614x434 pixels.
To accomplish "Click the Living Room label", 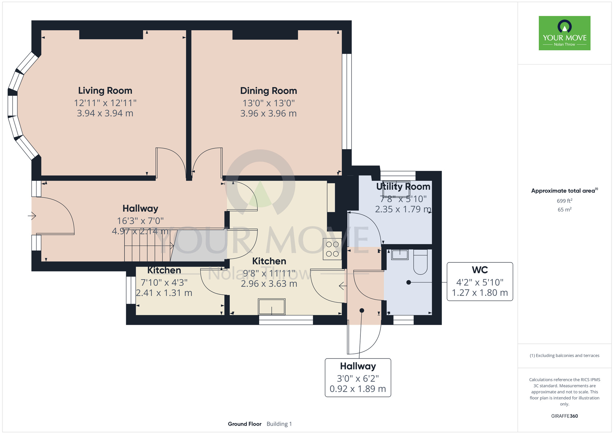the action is pos(105,91).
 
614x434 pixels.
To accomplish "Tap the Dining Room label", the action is pos(269,91).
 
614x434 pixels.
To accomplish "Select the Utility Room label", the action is pos(403,187).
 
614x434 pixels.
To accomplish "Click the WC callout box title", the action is pos(480,270).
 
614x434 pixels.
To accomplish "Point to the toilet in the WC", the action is pos(420,262).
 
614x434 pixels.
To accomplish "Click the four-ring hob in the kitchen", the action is pos(332,249).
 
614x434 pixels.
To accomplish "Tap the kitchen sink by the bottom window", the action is pos(272,307).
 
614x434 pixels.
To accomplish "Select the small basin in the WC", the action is pos(400,255).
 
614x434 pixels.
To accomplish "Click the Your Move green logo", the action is pos(565,33).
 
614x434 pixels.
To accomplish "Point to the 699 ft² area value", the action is pos(565,201).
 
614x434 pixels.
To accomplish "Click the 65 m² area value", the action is pos(565,210).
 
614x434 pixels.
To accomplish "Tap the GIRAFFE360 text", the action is pos(565,416).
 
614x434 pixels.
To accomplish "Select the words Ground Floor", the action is pos(245,424).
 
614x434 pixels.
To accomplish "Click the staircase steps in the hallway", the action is pos(147,245).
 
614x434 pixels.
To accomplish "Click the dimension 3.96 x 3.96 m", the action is pos(269,114).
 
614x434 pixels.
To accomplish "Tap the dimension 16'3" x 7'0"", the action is pos(140,221).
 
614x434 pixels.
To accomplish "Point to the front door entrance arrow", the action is pos(32,216).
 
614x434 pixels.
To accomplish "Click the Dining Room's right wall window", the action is pos(347,102).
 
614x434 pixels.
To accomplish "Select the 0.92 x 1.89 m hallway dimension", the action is pos(358,389).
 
